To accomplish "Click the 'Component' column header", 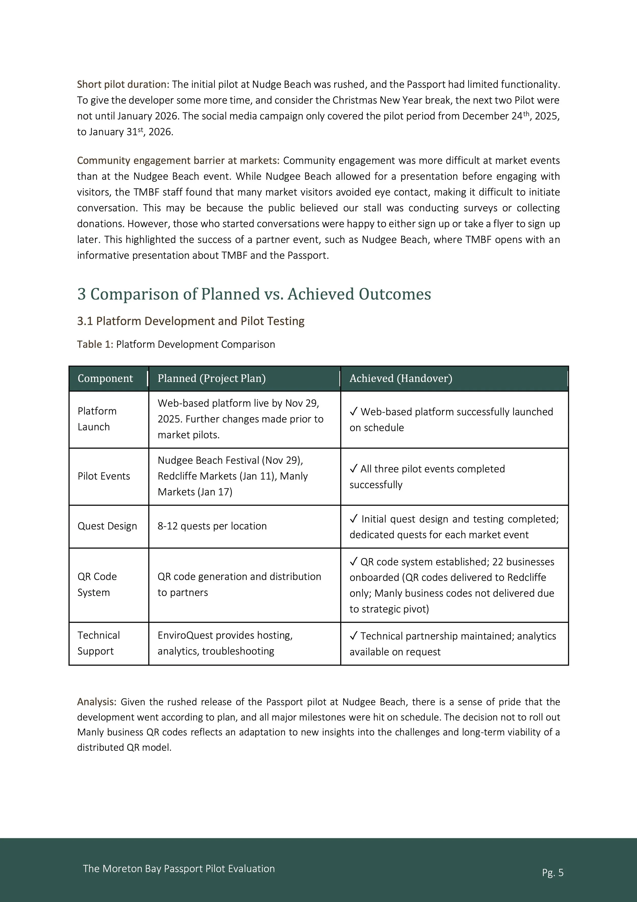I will click(x=105, y=378).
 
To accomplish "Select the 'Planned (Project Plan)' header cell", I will click(x=211, y=378).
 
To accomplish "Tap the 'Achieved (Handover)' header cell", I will click(x=401, y=378).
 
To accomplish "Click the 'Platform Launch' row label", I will click(x=97, y=419).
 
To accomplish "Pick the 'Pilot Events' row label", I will click(x=104, y=476).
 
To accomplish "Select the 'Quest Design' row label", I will click(x=107, y=526).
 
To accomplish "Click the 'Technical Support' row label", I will click(x=99, y=643).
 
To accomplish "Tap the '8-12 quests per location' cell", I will click(x=212, y=526).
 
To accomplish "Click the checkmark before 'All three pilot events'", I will click(x=353, y=468).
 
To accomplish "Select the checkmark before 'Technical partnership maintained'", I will click(x=353, y=635).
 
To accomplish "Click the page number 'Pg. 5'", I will click(x=553, y=872).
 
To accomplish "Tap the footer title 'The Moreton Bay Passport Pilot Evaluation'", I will click(x=179, y=869).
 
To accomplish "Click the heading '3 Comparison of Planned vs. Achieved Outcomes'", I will click(x=254, y=294).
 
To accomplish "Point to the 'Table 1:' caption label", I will click(x=95, y=344).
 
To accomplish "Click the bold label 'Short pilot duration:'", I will click(x=123, y=84).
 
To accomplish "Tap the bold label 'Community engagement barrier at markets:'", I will click(x=178, y=160).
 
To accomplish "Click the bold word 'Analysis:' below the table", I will click(x=97, y=702).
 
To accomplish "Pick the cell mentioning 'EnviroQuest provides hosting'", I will click(x=225, y=643).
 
